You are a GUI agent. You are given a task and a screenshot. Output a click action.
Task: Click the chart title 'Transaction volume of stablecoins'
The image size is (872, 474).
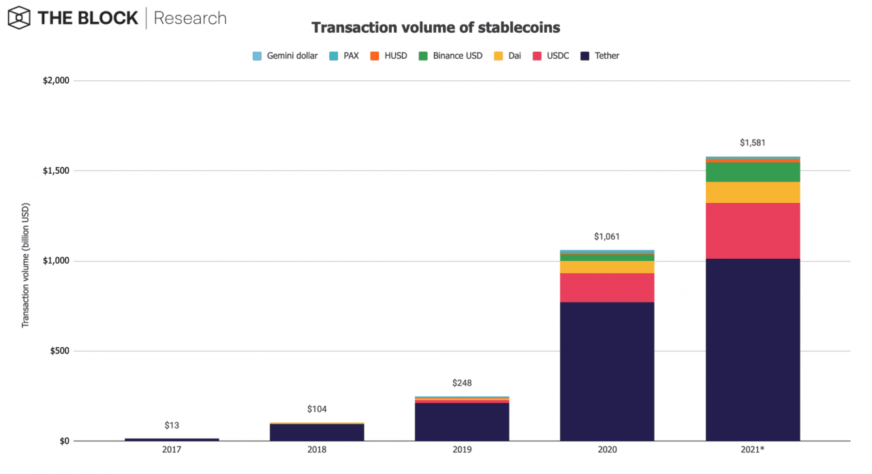pos(435,28)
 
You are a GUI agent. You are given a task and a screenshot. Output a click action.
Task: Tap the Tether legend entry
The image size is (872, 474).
pos(600,56)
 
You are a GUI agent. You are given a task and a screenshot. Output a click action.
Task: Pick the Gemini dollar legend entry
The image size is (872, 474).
pos(285,56)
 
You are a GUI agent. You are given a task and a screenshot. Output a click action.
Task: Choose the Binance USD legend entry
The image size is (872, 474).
pos(451,56)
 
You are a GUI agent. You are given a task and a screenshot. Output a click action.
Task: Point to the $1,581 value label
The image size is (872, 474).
pos(753,143)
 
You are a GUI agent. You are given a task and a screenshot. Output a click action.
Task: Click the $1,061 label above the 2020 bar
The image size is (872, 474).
pos(607,236)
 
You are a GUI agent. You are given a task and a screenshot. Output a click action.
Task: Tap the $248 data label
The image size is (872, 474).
pos(462,383)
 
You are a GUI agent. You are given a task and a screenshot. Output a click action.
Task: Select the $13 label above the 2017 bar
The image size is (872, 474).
pos(172,426)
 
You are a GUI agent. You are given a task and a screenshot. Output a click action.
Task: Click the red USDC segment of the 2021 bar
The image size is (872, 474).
pos(753,231)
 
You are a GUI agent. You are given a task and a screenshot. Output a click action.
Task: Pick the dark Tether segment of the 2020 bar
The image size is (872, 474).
pos(607,371)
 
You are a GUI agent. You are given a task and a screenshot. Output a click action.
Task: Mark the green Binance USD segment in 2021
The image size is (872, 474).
pos(753,172)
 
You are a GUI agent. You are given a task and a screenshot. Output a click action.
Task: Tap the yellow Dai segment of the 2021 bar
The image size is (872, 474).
pos(753,193)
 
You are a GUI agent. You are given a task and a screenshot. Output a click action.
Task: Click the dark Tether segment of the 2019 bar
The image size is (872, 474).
pos(462,422)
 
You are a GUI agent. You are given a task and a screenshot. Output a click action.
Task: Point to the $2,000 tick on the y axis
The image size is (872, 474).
pos(56,81)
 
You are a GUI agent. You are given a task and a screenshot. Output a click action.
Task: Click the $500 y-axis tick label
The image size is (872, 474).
pos(60,351)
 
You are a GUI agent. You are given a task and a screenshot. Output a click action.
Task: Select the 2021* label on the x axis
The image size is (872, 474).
pos(753,451)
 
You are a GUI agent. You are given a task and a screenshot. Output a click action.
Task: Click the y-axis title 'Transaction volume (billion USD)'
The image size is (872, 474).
pos(26,265)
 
